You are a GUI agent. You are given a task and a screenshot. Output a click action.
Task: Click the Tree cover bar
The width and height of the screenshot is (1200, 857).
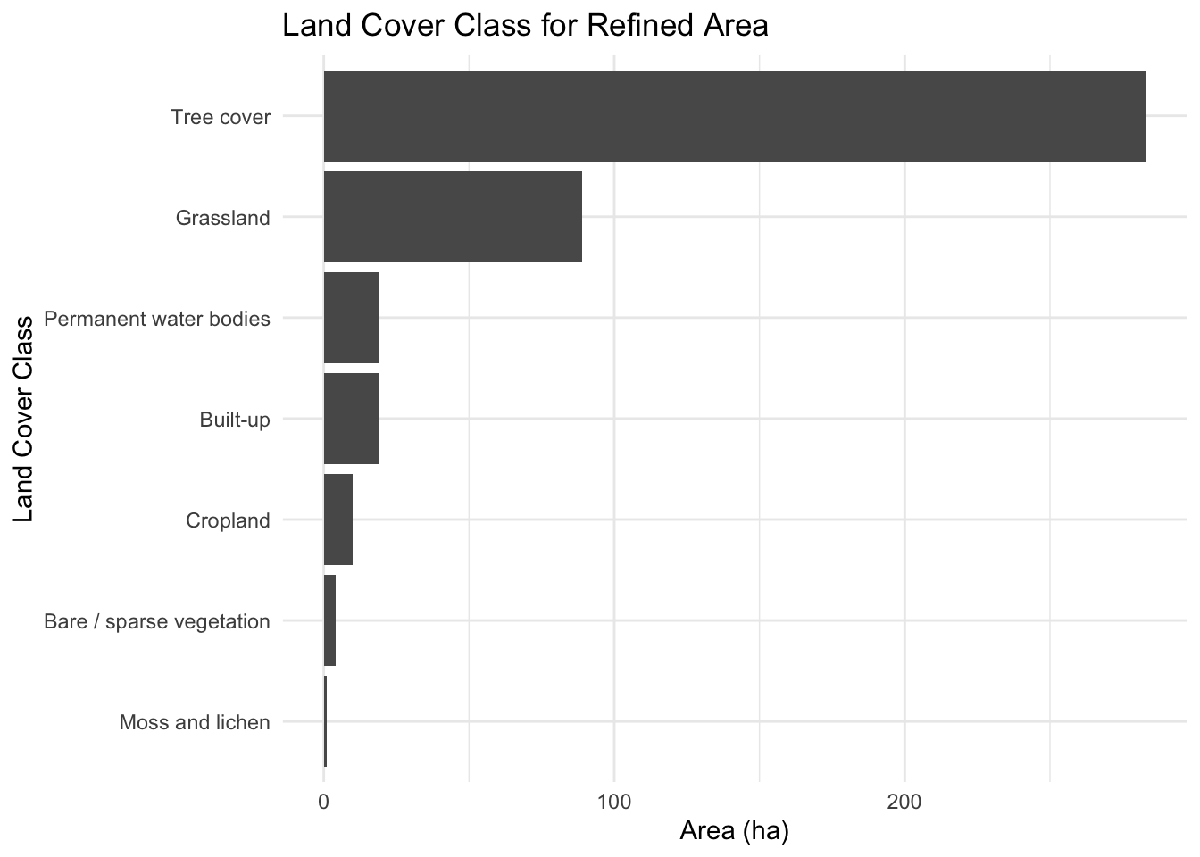pyautogui.click(x=735, y=116)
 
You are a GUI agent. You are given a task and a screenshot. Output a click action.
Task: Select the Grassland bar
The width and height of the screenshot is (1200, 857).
pyautogui.click(x=453, y=217)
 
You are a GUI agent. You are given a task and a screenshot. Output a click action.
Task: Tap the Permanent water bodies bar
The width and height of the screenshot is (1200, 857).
pyautogui.click(x=351, y=318)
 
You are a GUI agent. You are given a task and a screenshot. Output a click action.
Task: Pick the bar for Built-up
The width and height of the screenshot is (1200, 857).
pyautogui.click(x=351, y=419)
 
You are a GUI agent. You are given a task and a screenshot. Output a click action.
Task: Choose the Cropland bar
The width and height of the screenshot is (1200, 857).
pyautogui.click(x=338, y=520)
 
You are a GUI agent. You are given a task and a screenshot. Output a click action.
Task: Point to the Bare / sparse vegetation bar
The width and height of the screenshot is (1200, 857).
pyautogui.click(x=329, y=620)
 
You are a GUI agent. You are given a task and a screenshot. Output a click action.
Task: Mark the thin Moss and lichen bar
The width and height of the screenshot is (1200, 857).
pyautogui.click(x=325, y=721)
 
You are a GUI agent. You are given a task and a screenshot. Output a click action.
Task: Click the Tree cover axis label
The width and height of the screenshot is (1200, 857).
pyautogui.click(x=221, y=117)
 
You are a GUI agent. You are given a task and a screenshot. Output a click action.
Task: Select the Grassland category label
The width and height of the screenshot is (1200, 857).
pyautogui.click(x=223, y=218)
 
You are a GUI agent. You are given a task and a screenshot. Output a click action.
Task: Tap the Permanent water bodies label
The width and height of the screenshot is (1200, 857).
pyautogui.click(x=157, y=319)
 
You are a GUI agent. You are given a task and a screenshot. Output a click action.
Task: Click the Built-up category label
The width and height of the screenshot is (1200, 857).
pyautogui.click(x=235, y=420)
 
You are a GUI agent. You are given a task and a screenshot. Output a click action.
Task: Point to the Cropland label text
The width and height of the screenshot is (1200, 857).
pyautogui.click(x=228, y=520)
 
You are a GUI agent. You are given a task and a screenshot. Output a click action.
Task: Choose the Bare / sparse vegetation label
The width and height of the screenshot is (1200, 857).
pyautogui.click(x=157, y=621)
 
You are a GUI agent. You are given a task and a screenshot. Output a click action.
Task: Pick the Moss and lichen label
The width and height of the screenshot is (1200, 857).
pyautogui.click(x=195, y=722)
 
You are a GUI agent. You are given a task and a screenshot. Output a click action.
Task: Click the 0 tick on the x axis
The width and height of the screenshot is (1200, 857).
pyautogui.click(x=323, y=802)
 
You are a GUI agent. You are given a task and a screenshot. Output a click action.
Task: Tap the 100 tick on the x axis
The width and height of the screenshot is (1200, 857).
pyautogui.click(x=614, y=802)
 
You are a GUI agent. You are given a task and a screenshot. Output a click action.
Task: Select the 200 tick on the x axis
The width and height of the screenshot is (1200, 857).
pyautogui.click(x=904, y=802)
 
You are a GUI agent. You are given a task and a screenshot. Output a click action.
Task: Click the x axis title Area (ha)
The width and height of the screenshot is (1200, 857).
pyautogui.click(x=735, y=831)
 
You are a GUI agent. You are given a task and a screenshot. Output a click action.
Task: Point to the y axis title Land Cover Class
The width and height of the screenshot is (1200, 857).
pyautogui.click(x=23, y=419)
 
